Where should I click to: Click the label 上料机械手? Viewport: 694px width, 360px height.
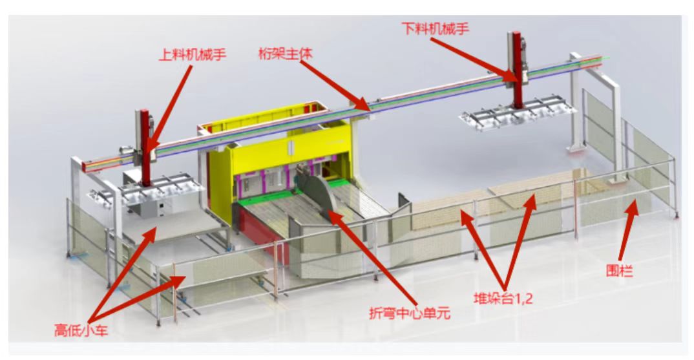coord(193,55)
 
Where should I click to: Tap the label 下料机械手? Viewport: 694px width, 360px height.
coord(436,29)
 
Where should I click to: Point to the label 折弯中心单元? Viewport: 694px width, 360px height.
coord(410,313)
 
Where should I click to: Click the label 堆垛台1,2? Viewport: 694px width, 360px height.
coord(503,299)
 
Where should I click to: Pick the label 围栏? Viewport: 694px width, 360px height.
coord(619,271)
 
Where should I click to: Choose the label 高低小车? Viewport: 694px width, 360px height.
coord(81,330)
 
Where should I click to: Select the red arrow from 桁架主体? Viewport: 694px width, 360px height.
coord(335,85)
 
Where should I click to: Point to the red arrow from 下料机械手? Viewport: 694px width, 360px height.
coord(474,59)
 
